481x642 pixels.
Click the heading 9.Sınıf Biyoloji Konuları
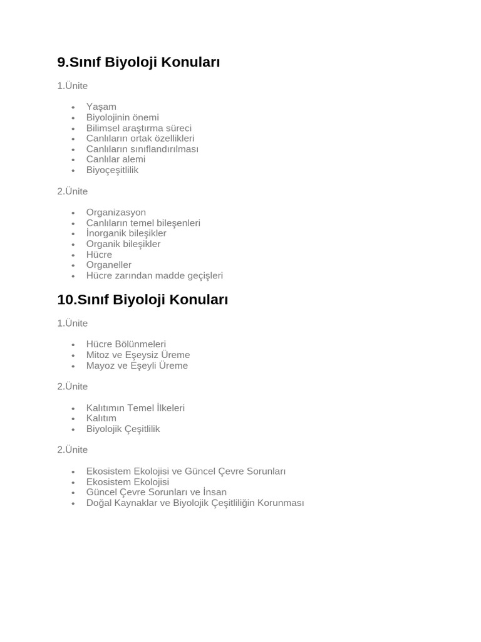138,62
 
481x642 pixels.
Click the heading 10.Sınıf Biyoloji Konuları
142,300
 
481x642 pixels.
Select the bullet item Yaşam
101,107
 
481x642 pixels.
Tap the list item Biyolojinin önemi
122,117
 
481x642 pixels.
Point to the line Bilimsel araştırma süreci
138,128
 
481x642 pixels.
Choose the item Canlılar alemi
115,159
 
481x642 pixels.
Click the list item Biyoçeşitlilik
112,170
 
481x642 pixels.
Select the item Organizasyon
116,213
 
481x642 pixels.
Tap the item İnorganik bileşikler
126,233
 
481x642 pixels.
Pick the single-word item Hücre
99,255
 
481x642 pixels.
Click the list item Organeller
108,265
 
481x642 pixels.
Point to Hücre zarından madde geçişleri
154,275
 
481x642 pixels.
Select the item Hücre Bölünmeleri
126,344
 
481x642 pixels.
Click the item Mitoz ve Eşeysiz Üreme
138,355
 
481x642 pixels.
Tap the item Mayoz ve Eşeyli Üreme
137,366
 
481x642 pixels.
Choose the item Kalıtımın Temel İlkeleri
135,408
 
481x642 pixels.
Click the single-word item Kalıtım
101,418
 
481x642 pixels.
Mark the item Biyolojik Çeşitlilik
123,429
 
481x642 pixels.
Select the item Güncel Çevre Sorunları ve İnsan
156,492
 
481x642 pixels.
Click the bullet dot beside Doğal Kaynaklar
73,503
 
